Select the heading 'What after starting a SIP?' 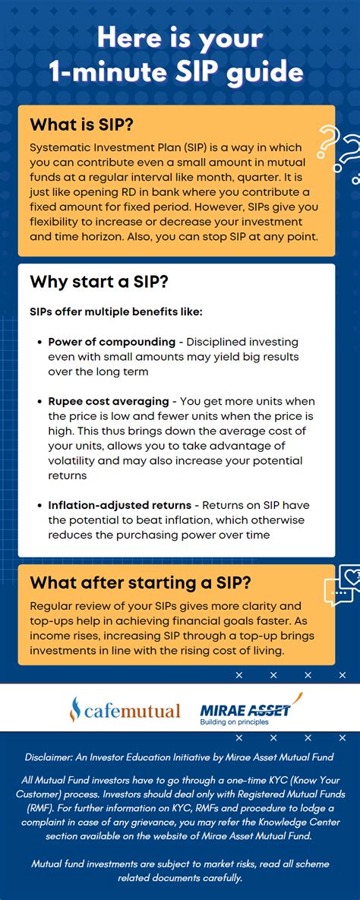pyautogui.click(x=141, y=583)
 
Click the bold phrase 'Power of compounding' pyautogui.click(x=112, y=342)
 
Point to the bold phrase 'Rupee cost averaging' pyautogui.click(x=109, y=401)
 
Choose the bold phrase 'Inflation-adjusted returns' pyautogui.click(x=120, y=506)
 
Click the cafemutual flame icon pyautogui.click(x=75, y=709)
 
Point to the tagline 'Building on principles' pyautogui.click(x=234, y=722)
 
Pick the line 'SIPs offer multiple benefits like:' pyautogui.click(x=116, y=313)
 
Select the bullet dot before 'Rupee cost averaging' pyautogui.click(x=40, y=402)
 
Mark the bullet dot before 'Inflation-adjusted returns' pyautogui.click(x=40, y=507)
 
